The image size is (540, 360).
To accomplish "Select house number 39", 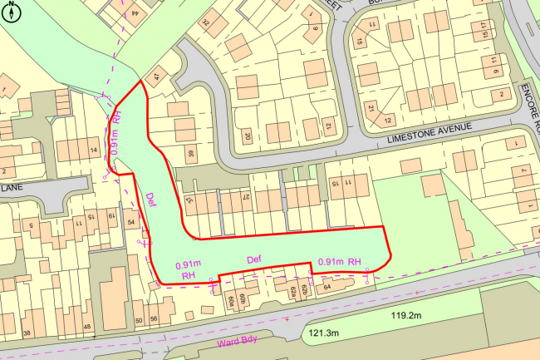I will [x=190, y=153].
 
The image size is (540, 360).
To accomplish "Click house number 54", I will [x=131, y=222].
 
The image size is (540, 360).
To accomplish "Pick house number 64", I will [x=326, y=288].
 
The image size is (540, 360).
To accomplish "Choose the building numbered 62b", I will [x=303, y=290].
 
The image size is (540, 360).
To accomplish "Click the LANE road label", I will [x=12, y=189].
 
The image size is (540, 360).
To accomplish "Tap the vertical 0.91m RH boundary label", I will [x=116, y=131].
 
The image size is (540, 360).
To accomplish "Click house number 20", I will [x=247, y=136].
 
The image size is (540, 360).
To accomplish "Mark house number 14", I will [x=94, y=150].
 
